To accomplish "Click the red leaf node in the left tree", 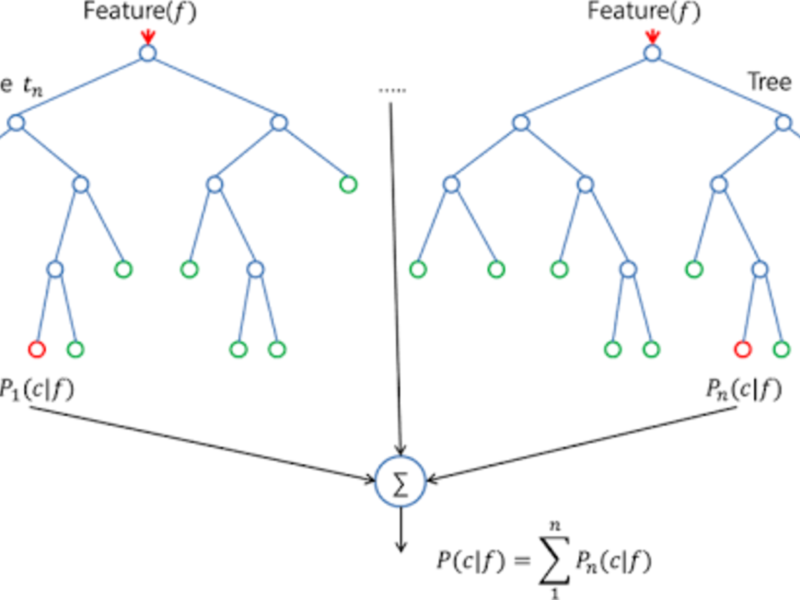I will point(37,349).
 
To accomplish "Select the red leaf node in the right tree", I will point(742,349).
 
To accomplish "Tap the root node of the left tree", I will point(147,53).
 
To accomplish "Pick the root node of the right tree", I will point(652,53).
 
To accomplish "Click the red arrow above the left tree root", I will point(147,36).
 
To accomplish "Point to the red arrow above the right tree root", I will point(652,36).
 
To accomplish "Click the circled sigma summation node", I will point(400,482).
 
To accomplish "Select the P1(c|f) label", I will point(36,389).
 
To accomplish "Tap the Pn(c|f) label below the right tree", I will point(744,389).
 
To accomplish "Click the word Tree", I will point(769,82).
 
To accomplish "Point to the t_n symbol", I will point(33,86).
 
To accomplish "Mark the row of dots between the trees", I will point(392,91).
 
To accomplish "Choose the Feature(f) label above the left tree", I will point(139,12).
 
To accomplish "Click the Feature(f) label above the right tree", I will point(644,12).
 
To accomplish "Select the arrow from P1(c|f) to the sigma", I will point(200,444).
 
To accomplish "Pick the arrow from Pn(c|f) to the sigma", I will point(581,444).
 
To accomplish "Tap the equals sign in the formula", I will point(521,561).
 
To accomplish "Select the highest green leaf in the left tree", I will point(348,184).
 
